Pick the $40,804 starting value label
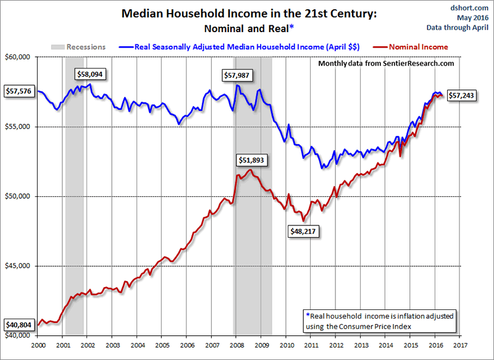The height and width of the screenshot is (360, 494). point(19,325)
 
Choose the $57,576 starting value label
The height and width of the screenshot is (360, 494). point(19,91)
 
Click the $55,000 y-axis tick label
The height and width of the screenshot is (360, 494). point(19,127)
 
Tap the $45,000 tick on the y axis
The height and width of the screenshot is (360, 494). point(19,266)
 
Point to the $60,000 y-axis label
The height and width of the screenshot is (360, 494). point(19,57)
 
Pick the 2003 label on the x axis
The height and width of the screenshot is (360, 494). point(112,345)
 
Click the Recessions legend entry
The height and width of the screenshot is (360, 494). point(78,46)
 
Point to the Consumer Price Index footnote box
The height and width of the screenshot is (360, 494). point(379,320)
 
